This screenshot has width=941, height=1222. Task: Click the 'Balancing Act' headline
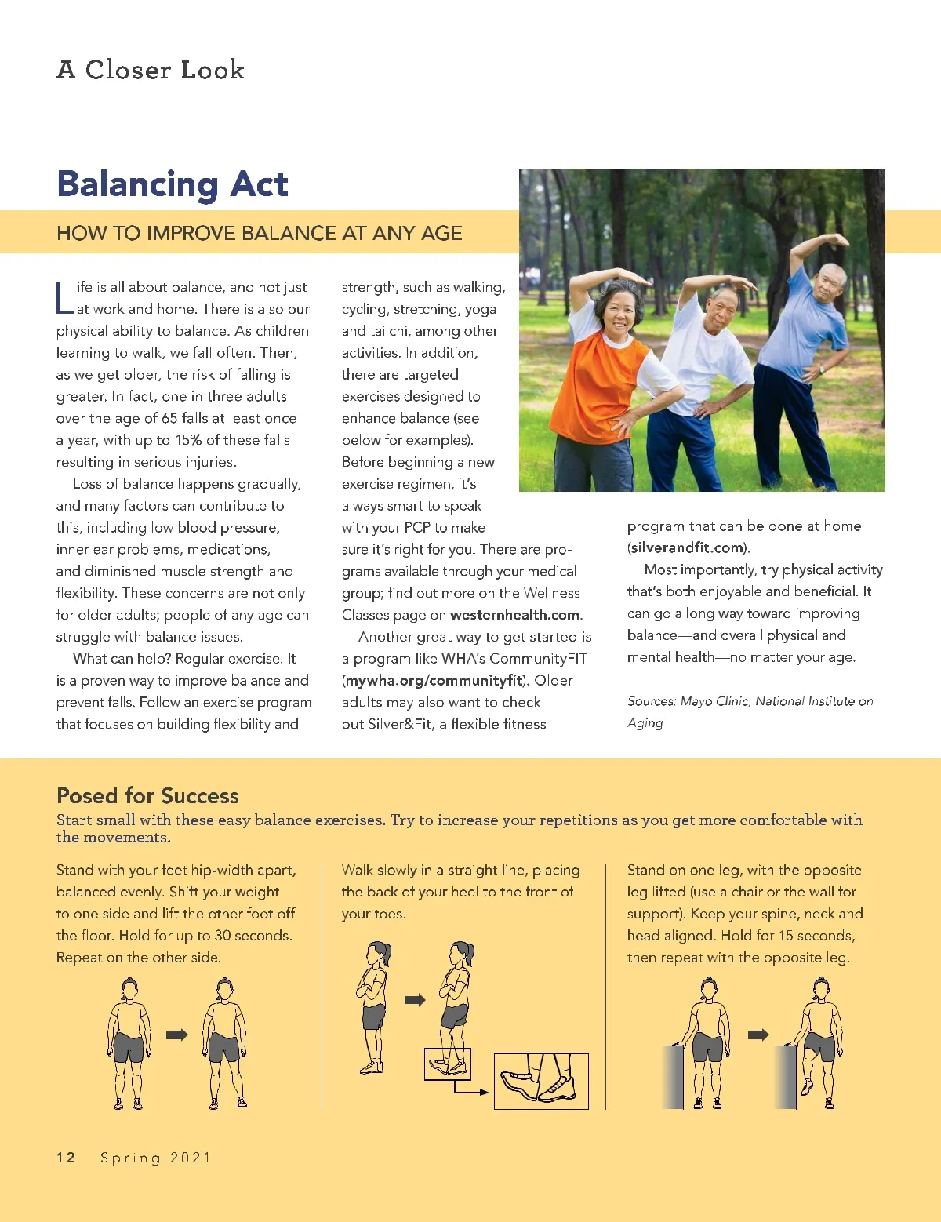(x=173, y=184)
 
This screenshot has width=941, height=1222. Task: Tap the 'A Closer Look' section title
(x=151, y=70)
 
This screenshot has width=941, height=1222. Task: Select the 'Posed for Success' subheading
(x=147, y=795)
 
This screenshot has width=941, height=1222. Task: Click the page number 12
(x=66, y=1158)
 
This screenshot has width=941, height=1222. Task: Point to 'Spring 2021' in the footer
(x=155, y=1158)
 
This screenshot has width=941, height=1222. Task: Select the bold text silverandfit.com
(x=687, y=547)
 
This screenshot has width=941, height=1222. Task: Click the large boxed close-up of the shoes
(x=540, y=1081)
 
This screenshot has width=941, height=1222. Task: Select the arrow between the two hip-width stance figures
(x=177, y=1035)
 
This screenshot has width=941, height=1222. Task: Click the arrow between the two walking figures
(x=415, y=999)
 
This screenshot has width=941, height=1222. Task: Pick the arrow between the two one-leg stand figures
(x=758, y=1035)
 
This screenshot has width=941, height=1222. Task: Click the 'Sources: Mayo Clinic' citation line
(x=750, y=701)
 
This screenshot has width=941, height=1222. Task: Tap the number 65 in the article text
(x=169, y=419)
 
